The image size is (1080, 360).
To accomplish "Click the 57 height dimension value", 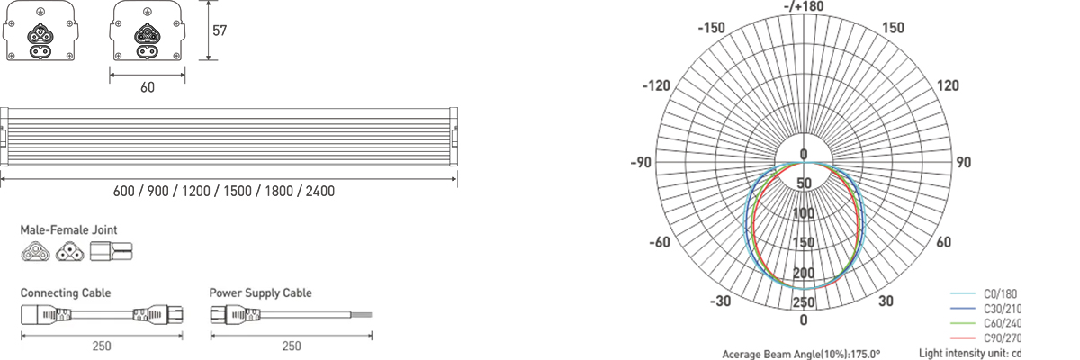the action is (x=220, y=31).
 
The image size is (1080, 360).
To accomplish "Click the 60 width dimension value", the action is (x=148, y=87).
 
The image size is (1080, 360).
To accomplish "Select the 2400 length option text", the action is (x=320, y=192).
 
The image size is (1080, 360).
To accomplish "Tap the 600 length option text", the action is (x=124, y=192).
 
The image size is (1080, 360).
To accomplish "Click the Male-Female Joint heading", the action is (x=68, y=229).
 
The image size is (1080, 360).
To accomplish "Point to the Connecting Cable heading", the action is (x=66, y=293).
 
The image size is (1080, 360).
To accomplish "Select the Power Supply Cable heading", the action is (x=260, y=293).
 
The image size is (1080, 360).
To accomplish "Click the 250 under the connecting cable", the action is (x=102, y=346).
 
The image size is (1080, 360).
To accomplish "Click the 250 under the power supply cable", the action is (x=292, y=346).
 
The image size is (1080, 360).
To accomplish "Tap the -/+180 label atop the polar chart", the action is (x=804, y=6).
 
